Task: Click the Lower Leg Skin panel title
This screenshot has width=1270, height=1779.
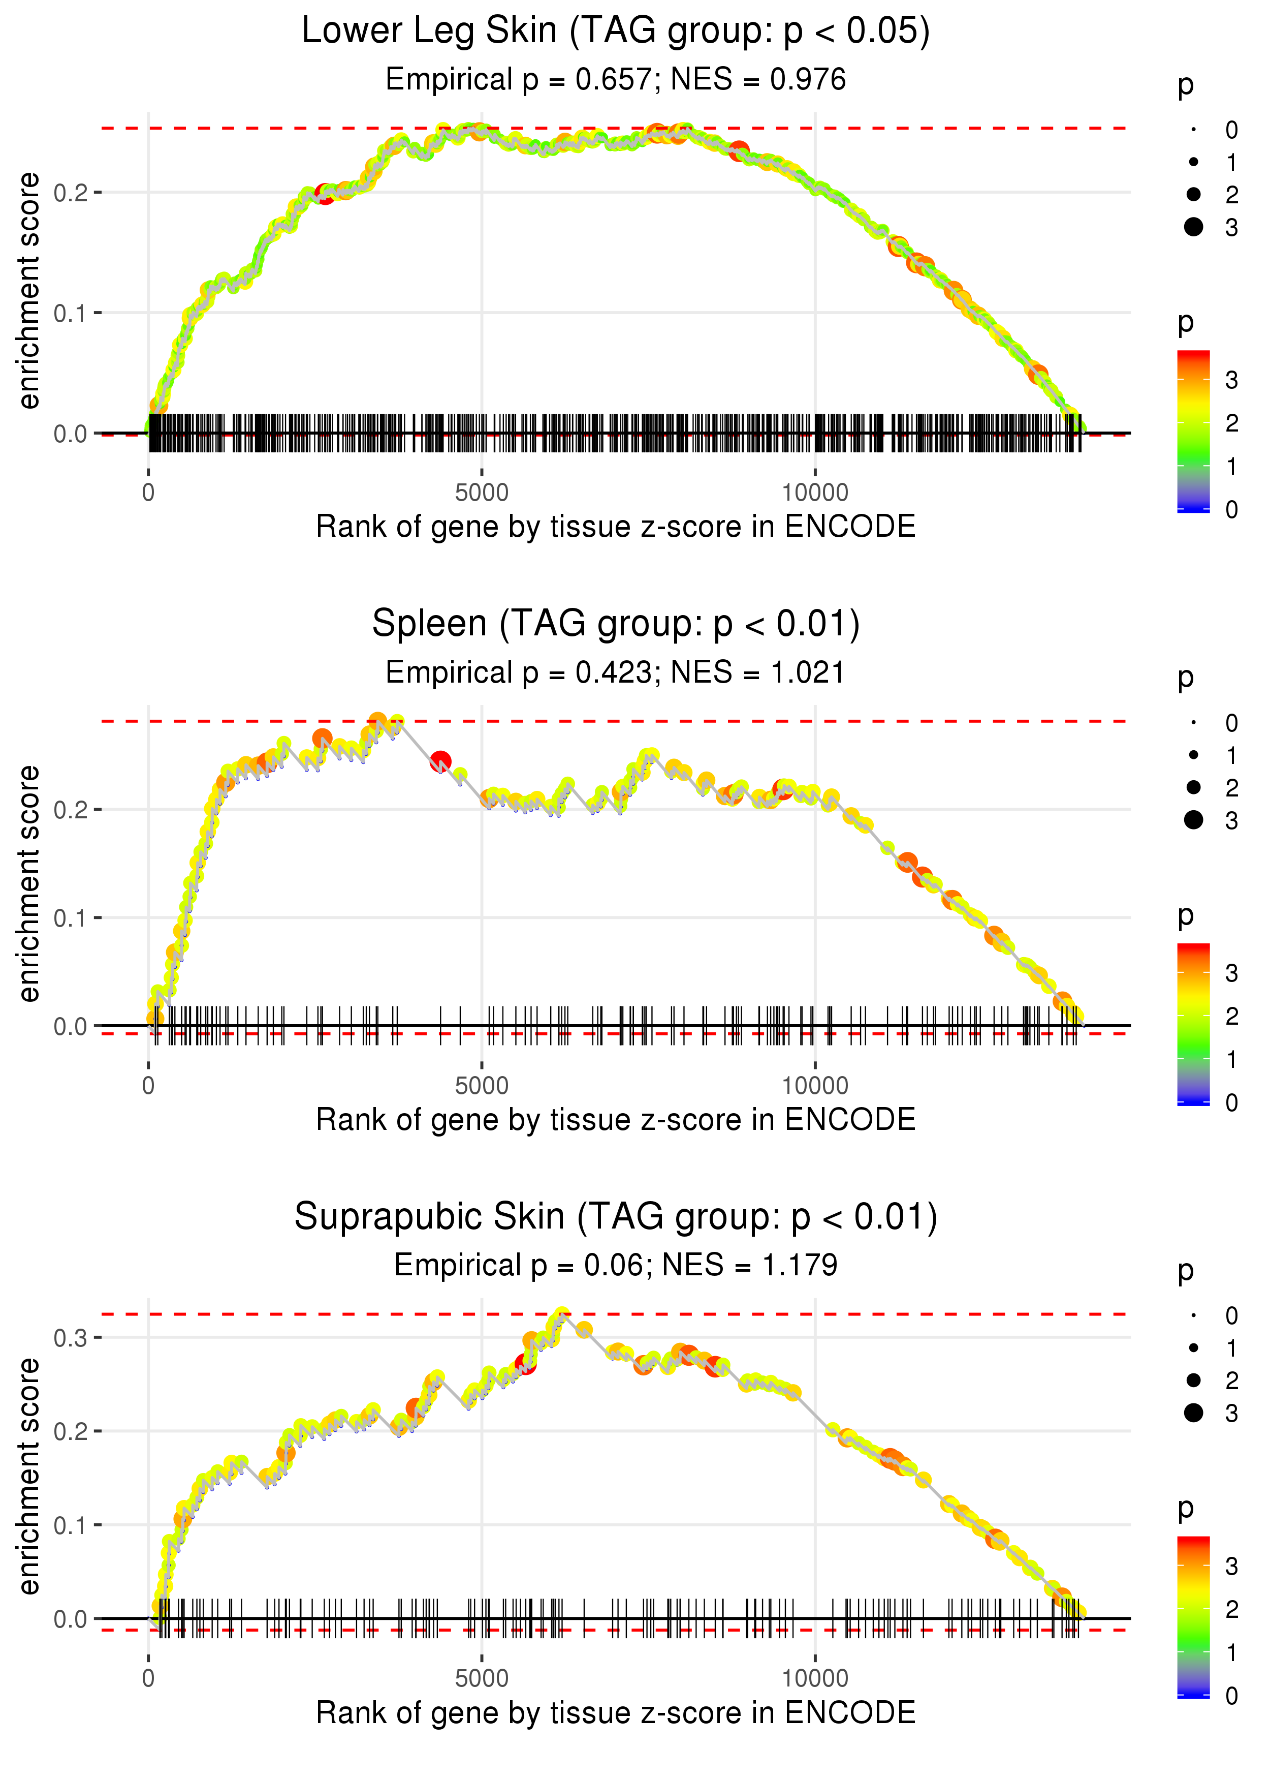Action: tap(616, 32)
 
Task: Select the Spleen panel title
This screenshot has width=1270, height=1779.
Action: tap(616, 624)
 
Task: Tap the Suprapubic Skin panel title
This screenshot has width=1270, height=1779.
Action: tap(616, 1216)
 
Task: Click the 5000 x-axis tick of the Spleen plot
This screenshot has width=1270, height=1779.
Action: tap(482, 1086)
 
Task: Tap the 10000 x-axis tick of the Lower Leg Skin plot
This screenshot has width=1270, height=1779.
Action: tap(815, 493)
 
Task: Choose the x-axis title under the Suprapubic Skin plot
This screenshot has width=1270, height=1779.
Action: tap(616, 1712)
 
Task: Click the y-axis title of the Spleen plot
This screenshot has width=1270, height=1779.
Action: tap(29, 884)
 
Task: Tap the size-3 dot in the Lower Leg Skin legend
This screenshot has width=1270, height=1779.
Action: tap(1193, 227)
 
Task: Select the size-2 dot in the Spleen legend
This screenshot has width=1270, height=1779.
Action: tap(1193, 787)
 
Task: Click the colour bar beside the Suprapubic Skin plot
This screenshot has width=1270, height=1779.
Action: tap(1193, 1615)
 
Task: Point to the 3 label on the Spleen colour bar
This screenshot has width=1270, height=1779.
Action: tap(1232, 974)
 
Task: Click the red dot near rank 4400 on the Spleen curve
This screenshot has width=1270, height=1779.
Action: tap(441, 760)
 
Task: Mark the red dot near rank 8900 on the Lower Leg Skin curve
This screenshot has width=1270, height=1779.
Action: tap(739, 151)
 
